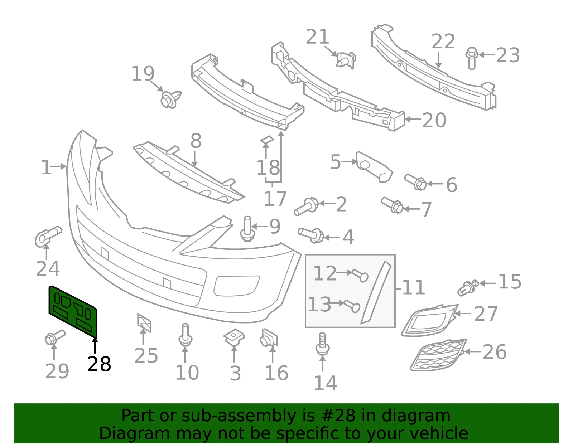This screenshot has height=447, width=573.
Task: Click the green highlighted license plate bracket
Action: [x=73, y=311]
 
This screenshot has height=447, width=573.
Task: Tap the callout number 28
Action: [x=99, y=364]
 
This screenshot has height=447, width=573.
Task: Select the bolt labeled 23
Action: [x=472, y=58]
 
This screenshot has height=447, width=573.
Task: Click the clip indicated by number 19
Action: [x=170, y=99]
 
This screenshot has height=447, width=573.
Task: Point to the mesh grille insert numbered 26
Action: [x=438, y=355]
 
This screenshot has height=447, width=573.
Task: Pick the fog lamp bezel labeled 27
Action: [x=429, y=320]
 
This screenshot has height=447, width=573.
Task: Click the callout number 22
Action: [x=443, y=41]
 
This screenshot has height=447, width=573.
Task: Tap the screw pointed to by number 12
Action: [x=360, y=276]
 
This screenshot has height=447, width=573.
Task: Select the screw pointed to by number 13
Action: [x=352, y=306]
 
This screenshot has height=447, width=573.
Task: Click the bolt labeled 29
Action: [x=54, y=337]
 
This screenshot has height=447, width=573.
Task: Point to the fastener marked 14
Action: [x=322, y=344]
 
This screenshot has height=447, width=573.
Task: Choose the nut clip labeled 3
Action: [x=234, y=337]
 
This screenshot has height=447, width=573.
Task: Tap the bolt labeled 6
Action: [x=416, y=182]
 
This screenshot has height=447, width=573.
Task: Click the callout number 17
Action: [x=275, y=198]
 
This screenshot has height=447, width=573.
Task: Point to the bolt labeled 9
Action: [x=247, y=228]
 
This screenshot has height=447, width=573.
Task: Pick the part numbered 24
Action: [x=48, y=237]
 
